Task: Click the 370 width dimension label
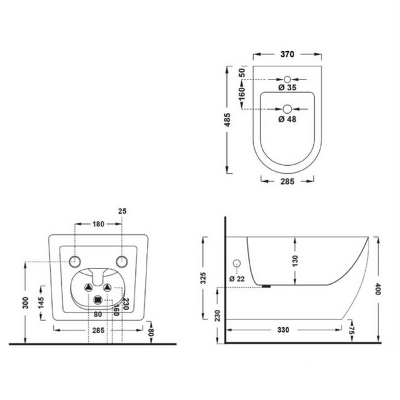[287, 54]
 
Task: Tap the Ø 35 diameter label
[287, 87]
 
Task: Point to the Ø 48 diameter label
[287, 119]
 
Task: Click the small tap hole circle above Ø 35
[287, 79]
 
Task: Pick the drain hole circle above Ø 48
[287, 109]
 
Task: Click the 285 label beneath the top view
[287, 181]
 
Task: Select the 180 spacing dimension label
[98, 224]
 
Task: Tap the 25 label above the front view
[122, 211]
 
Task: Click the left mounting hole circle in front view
[75, 262]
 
